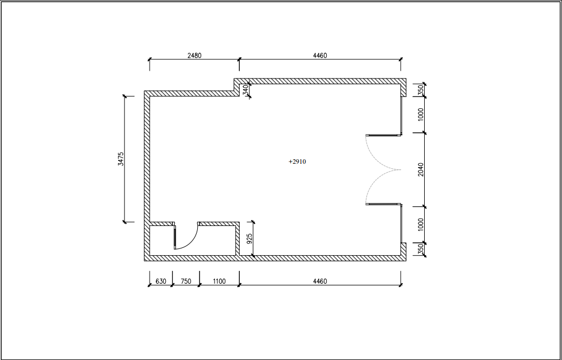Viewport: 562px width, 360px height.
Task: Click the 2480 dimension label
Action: tap(194, 56)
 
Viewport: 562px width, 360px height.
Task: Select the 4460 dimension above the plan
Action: tap(320, 56)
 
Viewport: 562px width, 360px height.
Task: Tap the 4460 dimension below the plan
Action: tap(320, 281)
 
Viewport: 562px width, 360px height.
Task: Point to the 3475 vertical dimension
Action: tap(121, 159)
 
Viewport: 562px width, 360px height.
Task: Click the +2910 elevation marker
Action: tap(297, 161)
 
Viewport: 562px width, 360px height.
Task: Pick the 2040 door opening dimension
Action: tap(421, 169)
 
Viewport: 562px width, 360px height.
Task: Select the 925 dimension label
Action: tap(250, 238)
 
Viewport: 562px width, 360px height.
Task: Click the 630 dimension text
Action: tap(161, 281)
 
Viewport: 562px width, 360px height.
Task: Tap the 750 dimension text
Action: tap(185, 281)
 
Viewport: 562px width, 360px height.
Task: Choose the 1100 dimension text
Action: tap(219, 281)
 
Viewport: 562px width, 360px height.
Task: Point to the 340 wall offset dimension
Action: tap(245, 90)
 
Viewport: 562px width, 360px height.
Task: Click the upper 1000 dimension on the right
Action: tap(421, 114)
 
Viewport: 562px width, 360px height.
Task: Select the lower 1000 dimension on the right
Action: tap(421, 224)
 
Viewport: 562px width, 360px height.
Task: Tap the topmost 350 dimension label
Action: tap(421, 90)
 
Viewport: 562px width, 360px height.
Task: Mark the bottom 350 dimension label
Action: tap(421, 248)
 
